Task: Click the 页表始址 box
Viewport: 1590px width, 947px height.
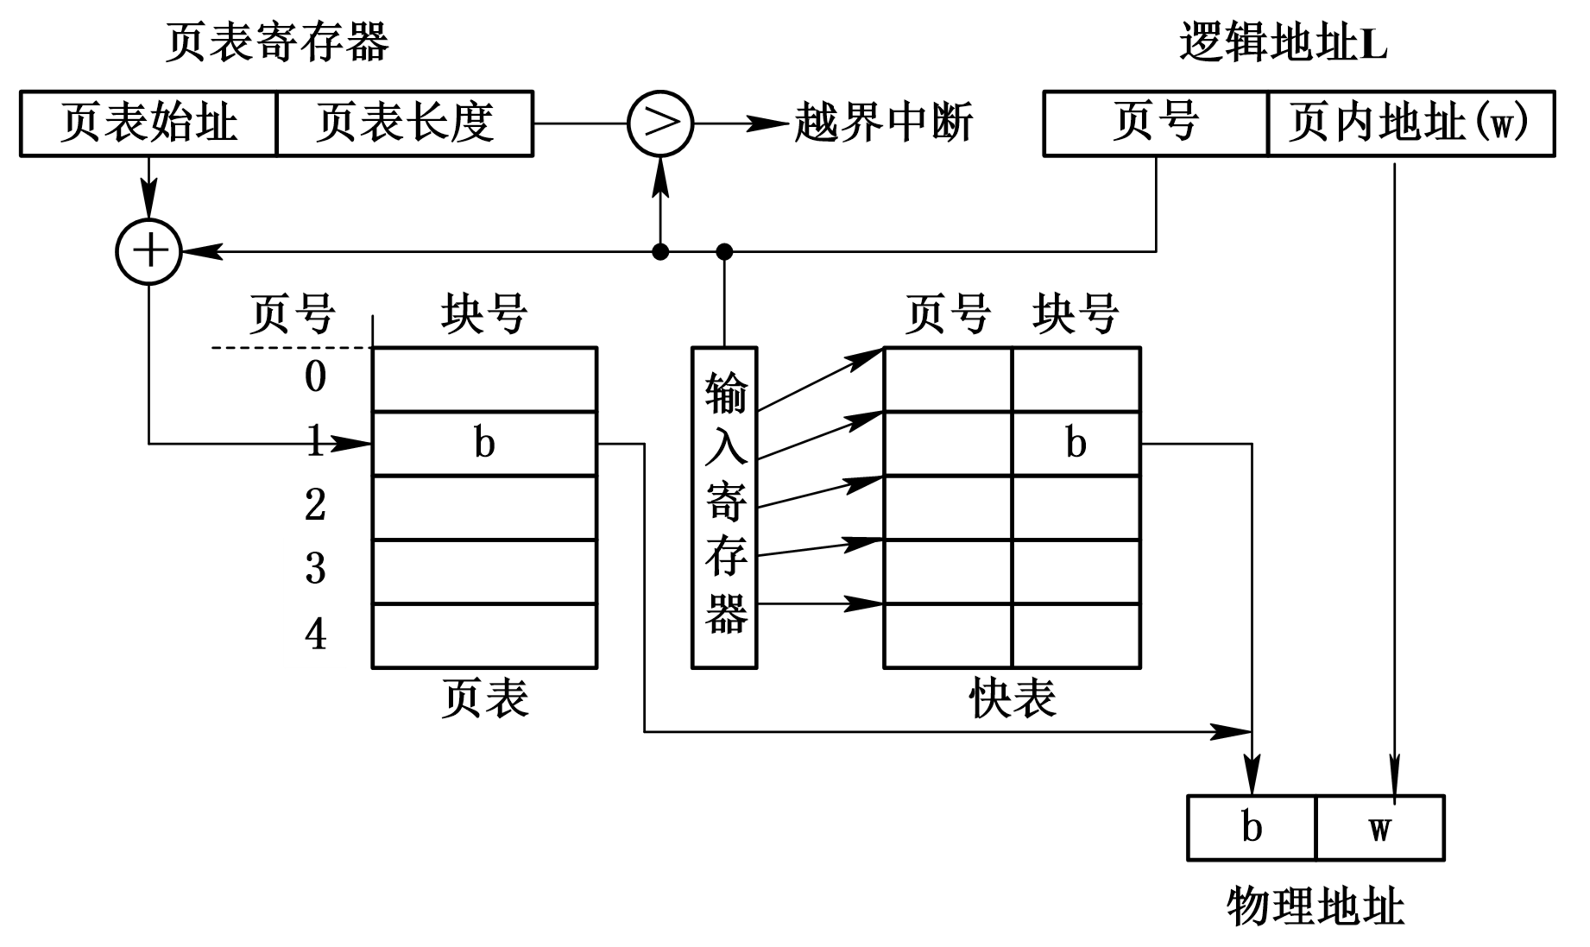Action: pos(148,123)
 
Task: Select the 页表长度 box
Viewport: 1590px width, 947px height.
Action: pos(404,123)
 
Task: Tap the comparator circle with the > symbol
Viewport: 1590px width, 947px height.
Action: pos(660,123)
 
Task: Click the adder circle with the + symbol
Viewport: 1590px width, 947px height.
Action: pos(149,251)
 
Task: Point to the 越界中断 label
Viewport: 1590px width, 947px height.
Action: pos(883,123)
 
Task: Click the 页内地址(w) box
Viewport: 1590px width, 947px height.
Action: pos(1410,123)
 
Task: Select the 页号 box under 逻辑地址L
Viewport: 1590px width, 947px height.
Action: pos(1155,123)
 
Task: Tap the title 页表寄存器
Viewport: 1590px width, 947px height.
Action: pos(277,41)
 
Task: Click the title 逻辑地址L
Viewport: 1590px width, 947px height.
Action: pos(1283,41)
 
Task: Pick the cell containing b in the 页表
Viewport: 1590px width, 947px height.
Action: pos(484,444)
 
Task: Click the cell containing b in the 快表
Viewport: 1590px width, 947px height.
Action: pos(1076,444)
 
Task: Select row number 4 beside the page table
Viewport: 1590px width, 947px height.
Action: pos(316,635)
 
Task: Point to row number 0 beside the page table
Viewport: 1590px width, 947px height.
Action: pos(316,377)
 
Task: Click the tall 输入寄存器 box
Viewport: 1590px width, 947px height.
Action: pos(724,508)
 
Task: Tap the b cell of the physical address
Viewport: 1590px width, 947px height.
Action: pos(1252,828)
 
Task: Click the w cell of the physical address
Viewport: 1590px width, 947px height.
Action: pos(1379,828)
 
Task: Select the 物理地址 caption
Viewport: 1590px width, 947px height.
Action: pos(1316,907)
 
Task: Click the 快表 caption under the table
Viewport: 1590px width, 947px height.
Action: pos(1012,698)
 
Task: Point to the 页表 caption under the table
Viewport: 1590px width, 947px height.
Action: pos(484,698)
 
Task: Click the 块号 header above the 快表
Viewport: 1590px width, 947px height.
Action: pos(1076,313)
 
